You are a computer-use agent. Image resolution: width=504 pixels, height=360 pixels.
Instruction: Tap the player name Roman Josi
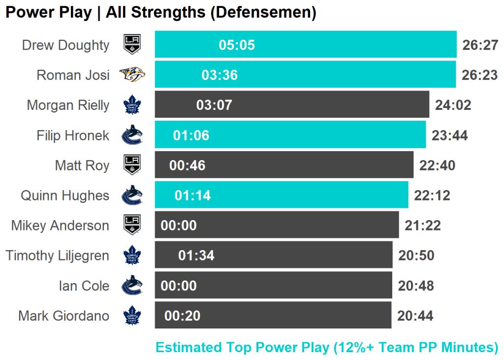pos(73,75)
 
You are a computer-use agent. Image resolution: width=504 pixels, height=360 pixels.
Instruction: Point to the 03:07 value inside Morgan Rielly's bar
pos(214,105)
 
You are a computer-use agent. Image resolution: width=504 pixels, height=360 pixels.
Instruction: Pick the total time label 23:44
pos(449,135)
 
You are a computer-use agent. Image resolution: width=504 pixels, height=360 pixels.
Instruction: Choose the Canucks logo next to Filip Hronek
pos(132,135)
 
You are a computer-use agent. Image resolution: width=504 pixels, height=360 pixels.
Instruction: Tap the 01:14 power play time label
pos(192,196)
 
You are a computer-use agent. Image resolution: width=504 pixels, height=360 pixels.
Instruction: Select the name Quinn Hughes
pos(65,196)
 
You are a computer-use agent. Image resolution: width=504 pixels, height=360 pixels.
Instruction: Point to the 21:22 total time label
pos(423,226)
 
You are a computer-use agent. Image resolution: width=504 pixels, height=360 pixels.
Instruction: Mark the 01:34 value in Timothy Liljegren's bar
pos(196,256)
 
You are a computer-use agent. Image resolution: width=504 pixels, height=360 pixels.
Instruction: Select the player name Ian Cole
pos(84,286)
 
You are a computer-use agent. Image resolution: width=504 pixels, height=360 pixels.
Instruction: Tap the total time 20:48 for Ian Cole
pos(416,286)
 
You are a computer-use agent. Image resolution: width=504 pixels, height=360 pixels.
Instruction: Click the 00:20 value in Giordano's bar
pos(182,316)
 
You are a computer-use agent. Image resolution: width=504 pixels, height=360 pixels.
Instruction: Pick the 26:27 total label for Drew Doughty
pos(480,45)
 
